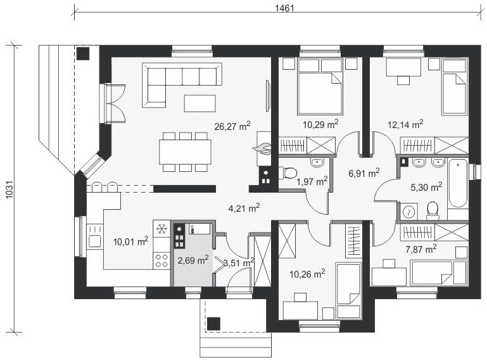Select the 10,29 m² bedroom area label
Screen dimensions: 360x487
click(320, 124)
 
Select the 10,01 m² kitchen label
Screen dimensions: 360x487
click(130, 240)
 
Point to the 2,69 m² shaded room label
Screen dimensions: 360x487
click(193, 259)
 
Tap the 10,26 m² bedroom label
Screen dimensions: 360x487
click(307, 273)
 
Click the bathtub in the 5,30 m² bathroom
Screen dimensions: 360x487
click(457, 184)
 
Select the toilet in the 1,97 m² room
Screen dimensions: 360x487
click(288, 172)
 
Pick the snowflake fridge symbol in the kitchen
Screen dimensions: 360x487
click(161, 228)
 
